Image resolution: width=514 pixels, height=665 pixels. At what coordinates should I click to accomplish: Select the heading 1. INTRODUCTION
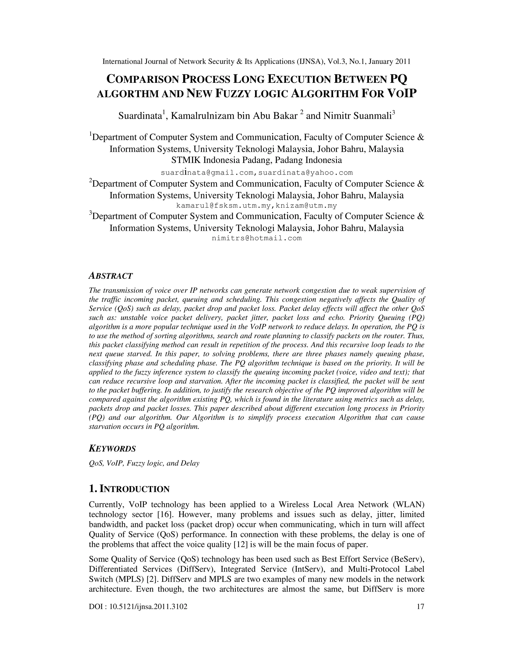129,489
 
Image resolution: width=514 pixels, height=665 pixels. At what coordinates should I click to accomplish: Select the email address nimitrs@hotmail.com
257,238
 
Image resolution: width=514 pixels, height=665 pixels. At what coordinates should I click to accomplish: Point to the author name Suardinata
140,116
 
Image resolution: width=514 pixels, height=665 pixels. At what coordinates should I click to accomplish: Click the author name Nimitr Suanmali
355,116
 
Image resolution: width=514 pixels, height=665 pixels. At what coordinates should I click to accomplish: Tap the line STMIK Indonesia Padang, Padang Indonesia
257,160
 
